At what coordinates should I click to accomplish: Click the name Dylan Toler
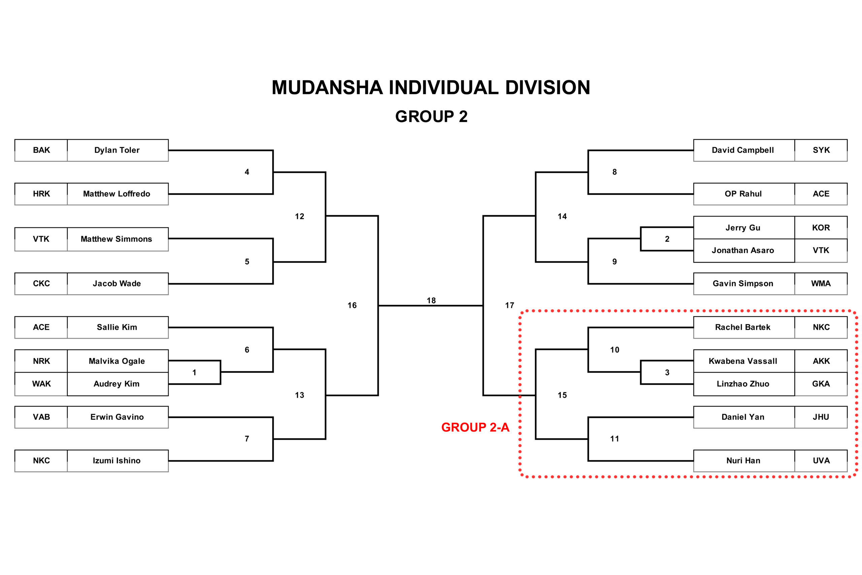pos(117,150)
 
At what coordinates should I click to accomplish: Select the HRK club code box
pos(41,194)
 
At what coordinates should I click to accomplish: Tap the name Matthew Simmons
pos(116,239)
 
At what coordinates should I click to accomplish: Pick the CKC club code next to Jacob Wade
pos(41,284)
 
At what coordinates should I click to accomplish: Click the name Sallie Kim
pos(117,327)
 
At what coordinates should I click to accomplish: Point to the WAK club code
pos(41,384)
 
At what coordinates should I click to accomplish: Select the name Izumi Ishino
pos(117,460)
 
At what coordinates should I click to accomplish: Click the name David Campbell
pos(742,150)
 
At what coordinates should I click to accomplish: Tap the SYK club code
pos(821,150)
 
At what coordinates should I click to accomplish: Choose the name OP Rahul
pos(743,194)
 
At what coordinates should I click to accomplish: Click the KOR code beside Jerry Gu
pos(821,228)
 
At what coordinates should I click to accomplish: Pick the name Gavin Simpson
pos(743,284)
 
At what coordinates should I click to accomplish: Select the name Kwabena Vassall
pos(743,361)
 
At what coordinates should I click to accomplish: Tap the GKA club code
pos(821,384)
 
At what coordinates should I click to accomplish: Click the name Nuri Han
pos(743,460)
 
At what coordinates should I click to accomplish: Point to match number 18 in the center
pos(431,301)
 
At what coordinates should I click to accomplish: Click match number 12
pos(299,216)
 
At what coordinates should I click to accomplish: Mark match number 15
pos(562,395)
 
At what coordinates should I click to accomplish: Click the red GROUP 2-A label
pos(475,427)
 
